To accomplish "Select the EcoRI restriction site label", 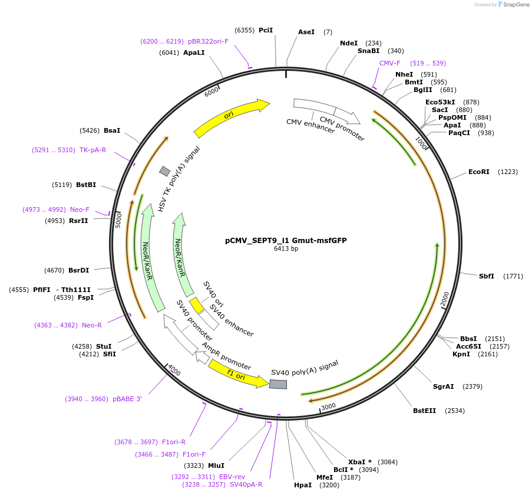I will click(x=478, y=172).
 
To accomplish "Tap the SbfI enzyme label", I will click(x=486, y=276).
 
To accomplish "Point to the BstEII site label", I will click(x=424, y=411).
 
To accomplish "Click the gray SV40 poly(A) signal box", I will click(x=278, y=384).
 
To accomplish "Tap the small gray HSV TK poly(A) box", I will click(x=165, y=171).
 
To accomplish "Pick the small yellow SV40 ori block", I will click(x=196, y=305).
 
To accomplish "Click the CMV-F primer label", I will click(x=389, y=63).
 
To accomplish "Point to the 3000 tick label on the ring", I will click(x=328, y=406).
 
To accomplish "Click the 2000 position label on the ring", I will click(x=445, y=299).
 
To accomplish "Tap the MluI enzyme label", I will click(x=216, y=466).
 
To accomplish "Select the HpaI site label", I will click(x=303, y=485).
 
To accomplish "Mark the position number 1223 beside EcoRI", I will click(x=508, y=172).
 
